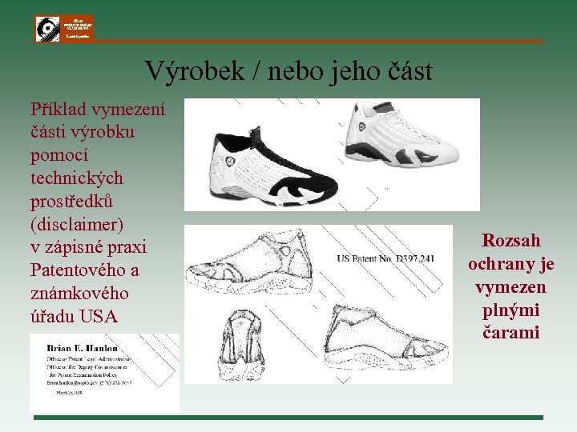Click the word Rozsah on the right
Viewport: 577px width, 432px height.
point(511,241)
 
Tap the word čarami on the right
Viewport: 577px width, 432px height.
point(511,333)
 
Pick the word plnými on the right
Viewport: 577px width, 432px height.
point(511,310)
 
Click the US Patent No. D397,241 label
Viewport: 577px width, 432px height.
point(385,258)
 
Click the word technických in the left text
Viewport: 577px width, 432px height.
point(77,178)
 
